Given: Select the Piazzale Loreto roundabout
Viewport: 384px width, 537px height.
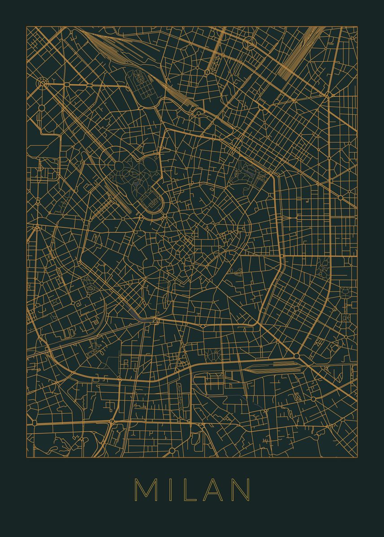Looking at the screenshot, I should point(328,95).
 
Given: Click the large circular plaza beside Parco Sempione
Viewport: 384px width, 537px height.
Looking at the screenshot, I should point(120,166).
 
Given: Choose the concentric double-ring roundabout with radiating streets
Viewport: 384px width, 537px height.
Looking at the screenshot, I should point(43,82).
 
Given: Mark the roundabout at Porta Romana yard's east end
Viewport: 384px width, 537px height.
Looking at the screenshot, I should point(298,356).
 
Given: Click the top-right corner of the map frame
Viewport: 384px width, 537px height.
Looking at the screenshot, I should point(357,27).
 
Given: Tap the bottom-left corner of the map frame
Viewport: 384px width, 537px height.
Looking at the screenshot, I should point(26,457).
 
